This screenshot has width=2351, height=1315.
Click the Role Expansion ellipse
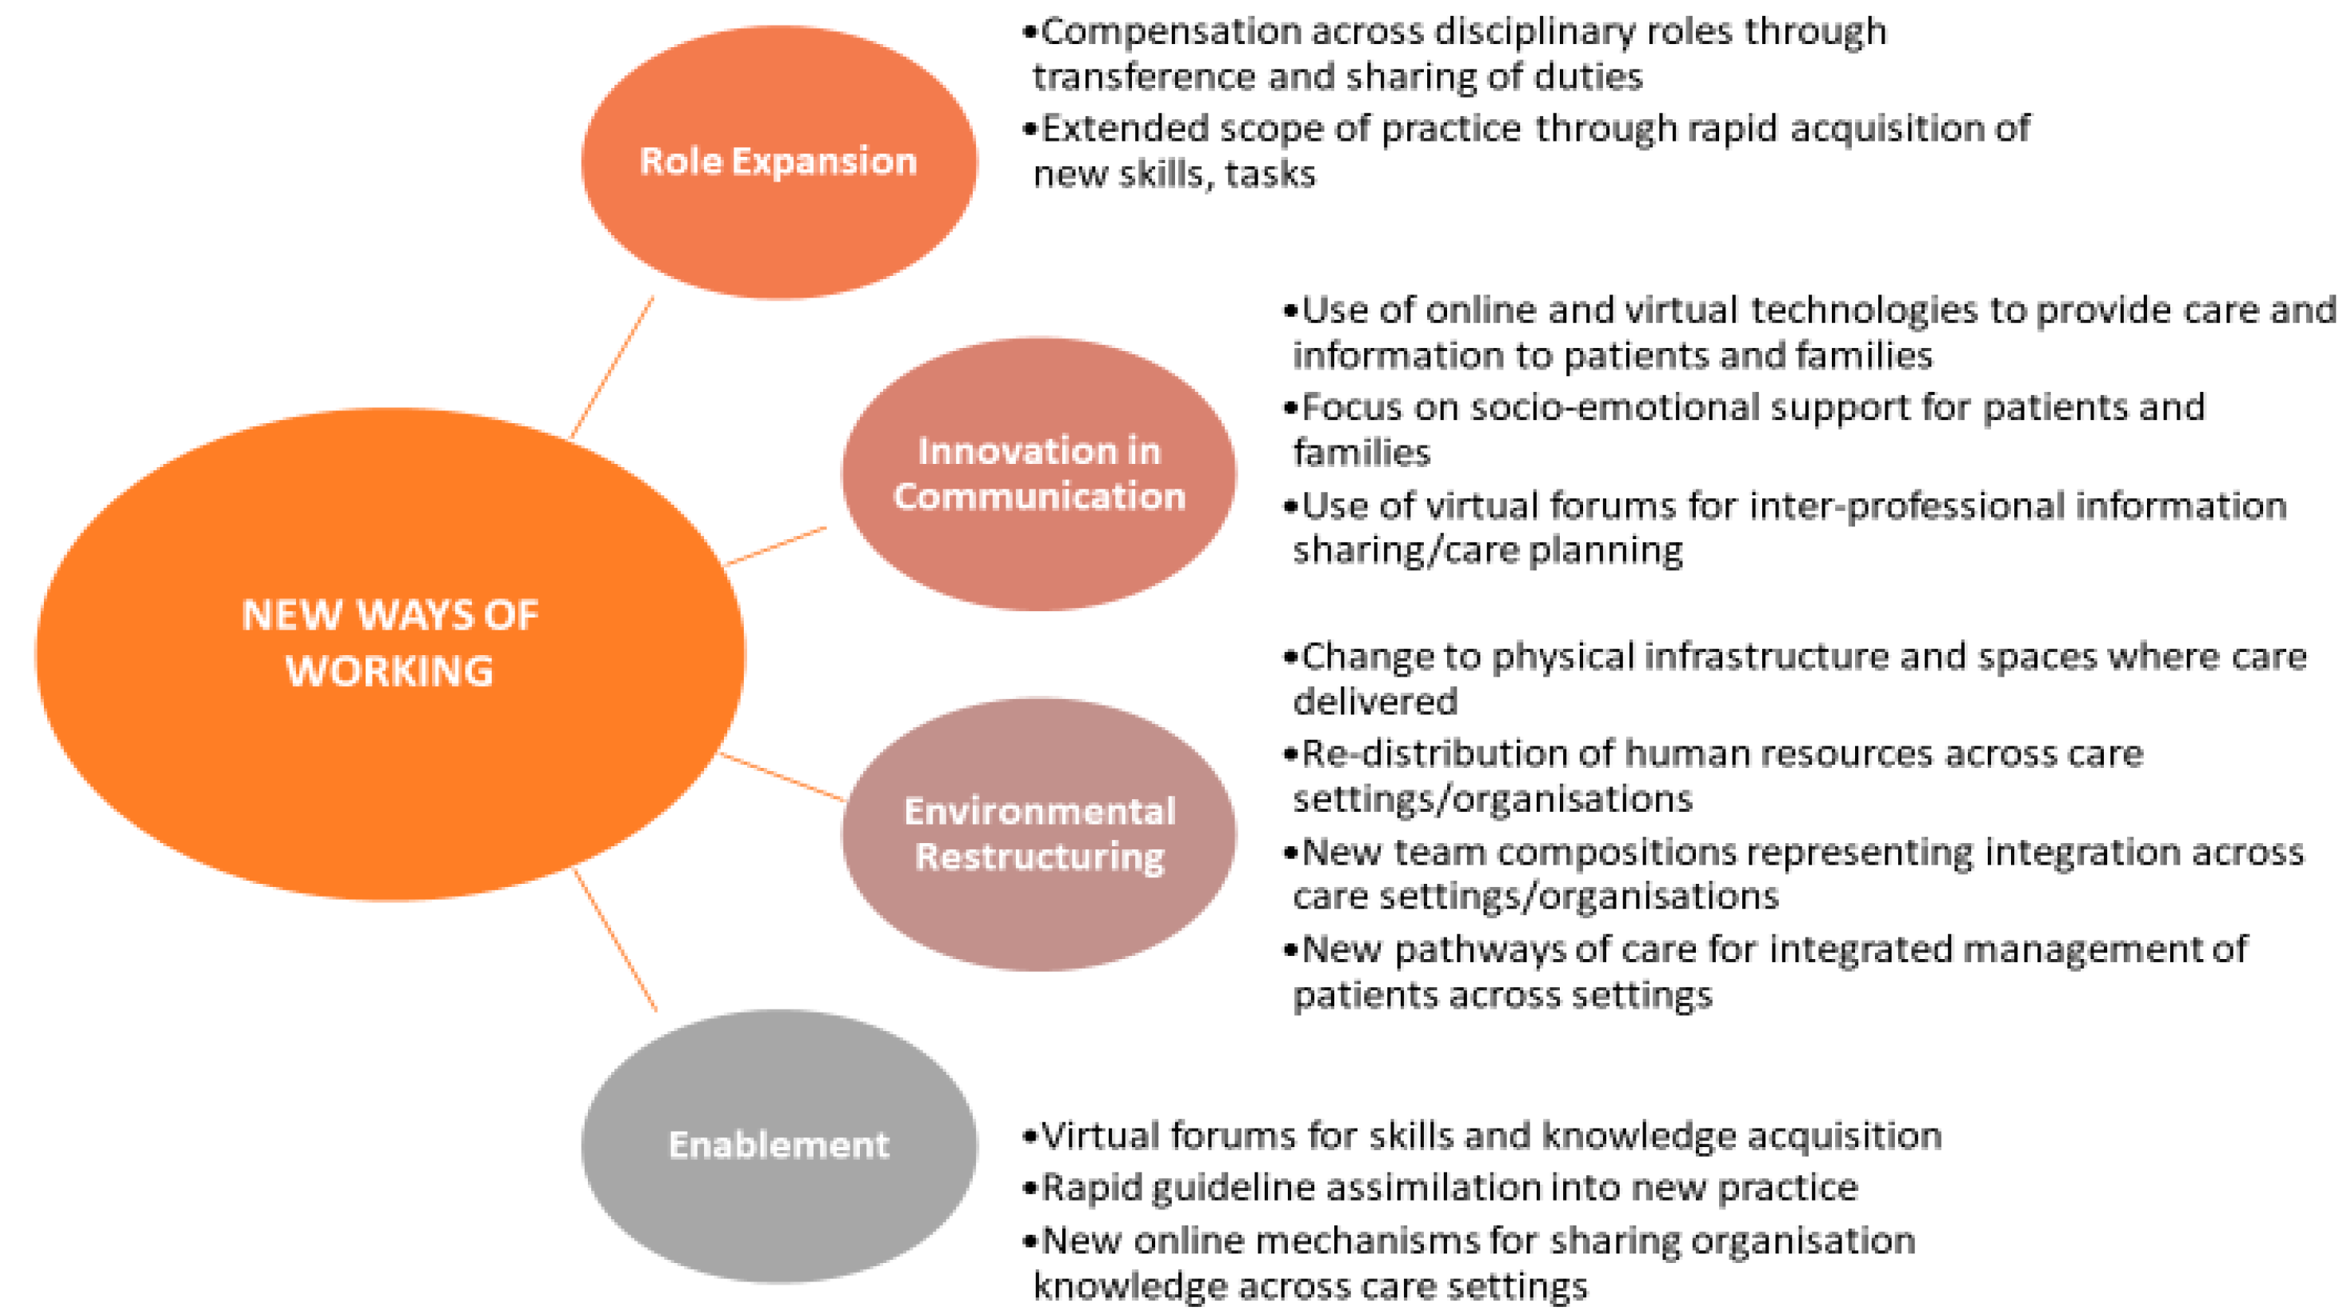pos(779,162)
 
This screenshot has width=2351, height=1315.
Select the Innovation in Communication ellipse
pos(1038,474)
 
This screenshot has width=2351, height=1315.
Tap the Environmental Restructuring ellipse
pos(1038,834)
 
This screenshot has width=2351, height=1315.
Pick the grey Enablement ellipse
pos(779,1146)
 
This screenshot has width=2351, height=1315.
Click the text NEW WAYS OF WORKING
pos(390,642)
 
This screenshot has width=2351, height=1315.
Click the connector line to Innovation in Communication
pos(777,546)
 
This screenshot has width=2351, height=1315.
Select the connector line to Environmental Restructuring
pos(783,777)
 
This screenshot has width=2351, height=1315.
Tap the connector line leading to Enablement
pos(615,940)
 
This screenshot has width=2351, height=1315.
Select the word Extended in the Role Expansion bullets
pos(1126,129)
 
